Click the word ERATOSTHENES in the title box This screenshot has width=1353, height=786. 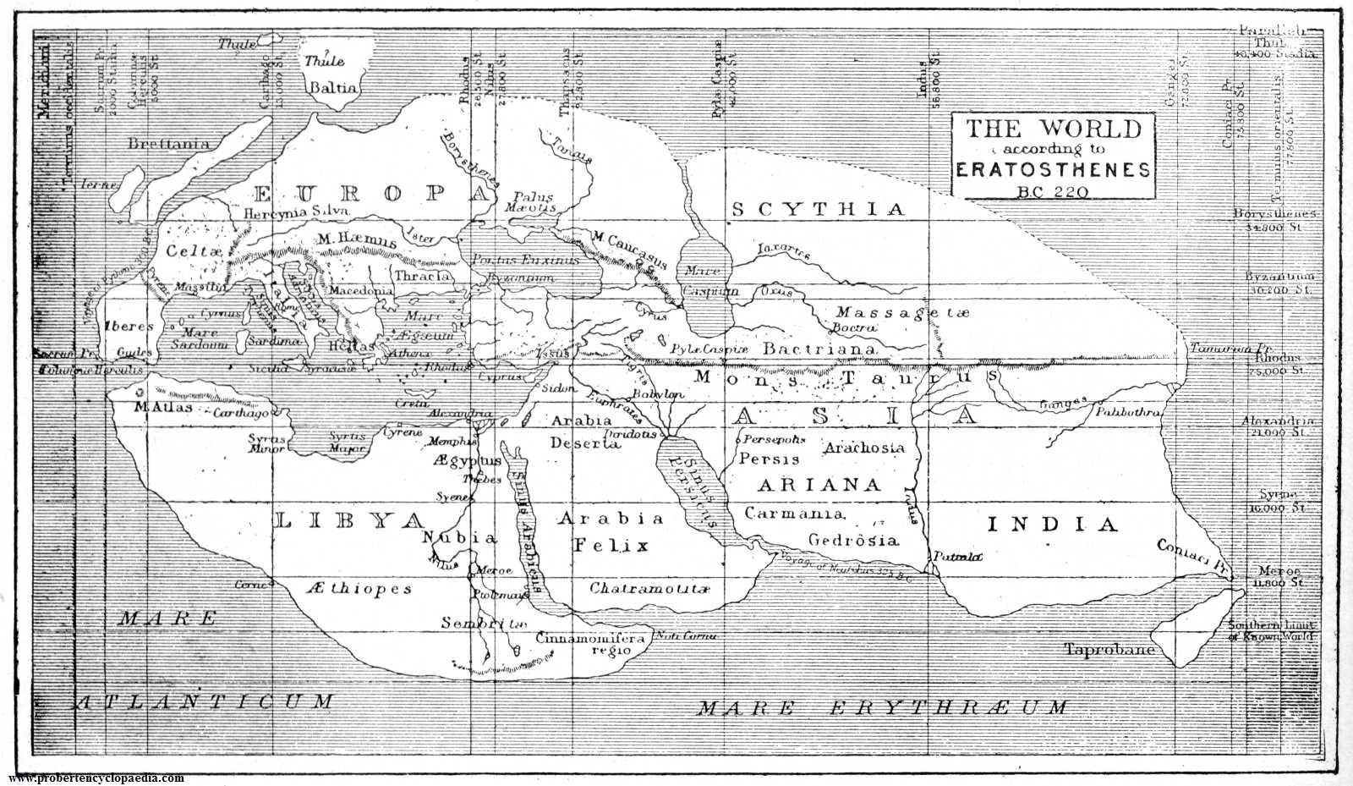[1054, 169]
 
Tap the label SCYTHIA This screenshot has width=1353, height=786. [817, 210]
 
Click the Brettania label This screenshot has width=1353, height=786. [167, 144]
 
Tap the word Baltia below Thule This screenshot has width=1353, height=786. [333, 87]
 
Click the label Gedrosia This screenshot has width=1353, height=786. [852, 540]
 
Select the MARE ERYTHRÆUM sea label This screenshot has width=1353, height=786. [882, 706]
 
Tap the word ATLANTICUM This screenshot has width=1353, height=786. [205, 701]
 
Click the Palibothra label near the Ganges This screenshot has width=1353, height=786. [1128, 412]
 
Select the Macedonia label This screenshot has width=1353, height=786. [361, 290]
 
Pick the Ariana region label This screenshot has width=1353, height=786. [819, 485]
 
